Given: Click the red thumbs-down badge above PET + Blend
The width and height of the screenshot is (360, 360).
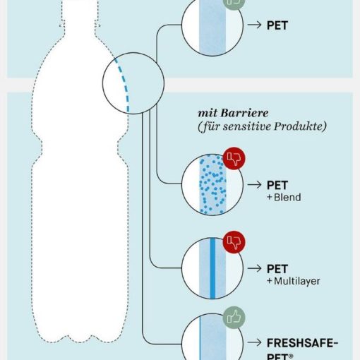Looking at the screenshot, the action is tap(234, 159).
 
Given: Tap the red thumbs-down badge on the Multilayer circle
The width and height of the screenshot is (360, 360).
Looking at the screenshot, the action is tap(234, 242).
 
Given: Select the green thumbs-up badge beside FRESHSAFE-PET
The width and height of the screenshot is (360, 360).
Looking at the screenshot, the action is tap(234, 318).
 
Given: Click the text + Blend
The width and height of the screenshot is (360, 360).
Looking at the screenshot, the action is tap(284, 197).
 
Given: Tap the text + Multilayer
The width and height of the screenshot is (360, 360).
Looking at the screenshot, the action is tap(294, 281).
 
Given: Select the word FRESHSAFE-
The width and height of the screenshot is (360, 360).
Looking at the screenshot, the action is tap(303, 343).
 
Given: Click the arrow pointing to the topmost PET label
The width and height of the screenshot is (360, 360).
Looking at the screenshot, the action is tap(254, 25).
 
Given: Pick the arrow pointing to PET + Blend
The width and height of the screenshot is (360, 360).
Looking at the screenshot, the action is tap(254, 185).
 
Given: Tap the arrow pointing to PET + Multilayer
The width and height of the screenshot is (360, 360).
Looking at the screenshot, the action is tap(254, 268).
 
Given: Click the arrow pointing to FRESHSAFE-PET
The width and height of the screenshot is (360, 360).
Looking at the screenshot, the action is tap(254, 342).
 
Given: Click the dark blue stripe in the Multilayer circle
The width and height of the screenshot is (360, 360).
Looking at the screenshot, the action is tap(212, 268).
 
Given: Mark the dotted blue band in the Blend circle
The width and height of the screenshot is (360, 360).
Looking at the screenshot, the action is tap(213, 185).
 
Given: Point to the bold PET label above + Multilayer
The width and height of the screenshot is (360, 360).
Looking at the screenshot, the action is tap(277, 269).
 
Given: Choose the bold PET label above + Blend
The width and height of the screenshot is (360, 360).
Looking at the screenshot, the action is tap(277, 186).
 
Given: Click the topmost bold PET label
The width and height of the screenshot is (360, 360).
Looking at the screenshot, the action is tap(277, 25).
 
